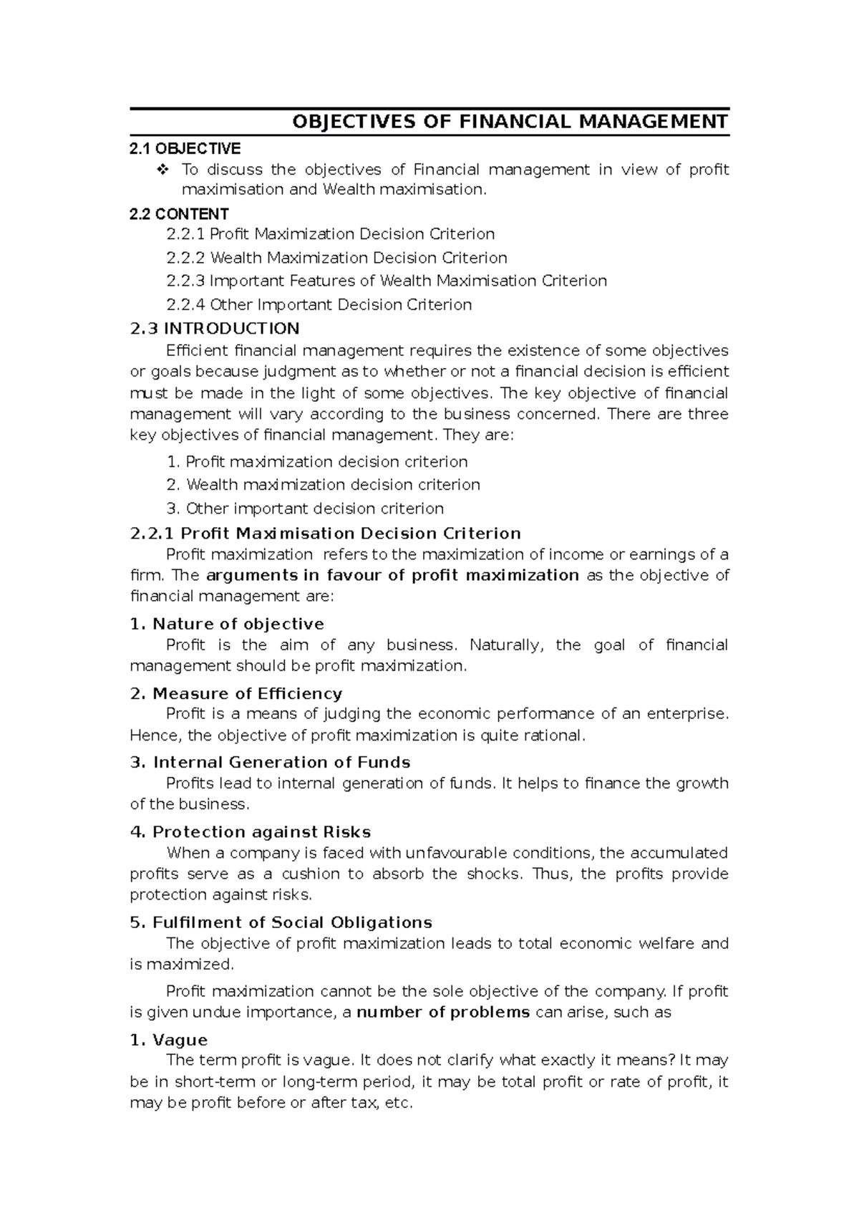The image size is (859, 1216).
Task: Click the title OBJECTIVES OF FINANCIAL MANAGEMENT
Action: pos(510,121)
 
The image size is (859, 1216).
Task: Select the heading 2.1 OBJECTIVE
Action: pos(185,148)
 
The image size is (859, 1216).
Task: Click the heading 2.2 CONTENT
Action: pos(179,213)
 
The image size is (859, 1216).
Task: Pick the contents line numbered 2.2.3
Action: pos(386,281)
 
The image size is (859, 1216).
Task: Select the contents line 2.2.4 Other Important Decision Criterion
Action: pos(319,304)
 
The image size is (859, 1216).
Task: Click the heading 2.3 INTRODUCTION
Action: pos(214,328)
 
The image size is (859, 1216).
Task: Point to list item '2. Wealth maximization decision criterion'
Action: pos(323,485)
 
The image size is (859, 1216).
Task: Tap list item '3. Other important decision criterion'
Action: pos(305,508)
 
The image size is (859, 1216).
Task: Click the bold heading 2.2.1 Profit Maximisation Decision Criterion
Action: pos(325,534)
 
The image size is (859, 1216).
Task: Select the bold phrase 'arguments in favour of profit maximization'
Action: pos(392,575)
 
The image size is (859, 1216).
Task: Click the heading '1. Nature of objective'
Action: pos(227,624)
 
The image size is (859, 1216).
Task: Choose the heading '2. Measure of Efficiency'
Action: pos(236,693)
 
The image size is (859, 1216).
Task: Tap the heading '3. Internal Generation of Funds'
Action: pos(270,762)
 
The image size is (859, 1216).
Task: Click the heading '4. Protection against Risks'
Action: pos(251,832)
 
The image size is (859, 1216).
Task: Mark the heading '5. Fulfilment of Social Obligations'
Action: pos(281,922)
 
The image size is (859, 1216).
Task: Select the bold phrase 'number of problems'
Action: pos(443,1013)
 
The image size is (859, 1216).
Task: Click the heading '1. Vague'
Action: pos(169,1040)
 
